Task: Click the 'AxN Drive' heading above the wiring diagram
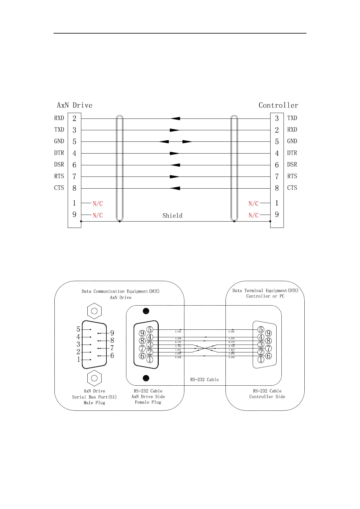[x=75, y=105]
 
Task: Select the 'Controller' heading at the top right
[x=278, y=105]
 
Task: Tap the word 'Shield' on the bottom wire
[x=172, y=216]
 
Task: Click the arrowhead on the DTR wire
[x=175, y=153]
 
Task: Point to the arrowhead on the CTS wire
[x=175, y=188]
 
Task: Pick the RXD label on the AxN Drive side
[x=59, y=118]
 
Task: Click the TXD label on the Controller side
[x=292, y=118]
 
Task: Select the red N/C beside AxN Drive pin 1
[x=98, y=204]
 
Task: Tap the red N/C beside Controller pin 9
[x=254, y=215]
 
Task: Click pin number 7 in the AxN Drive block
[x=74, y=177]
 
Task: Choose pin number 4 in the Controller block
[x=277, y=153]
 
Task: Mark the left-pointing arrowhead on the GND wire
[x=164, y=141]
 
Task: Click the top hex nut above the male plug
[x=94, y=311]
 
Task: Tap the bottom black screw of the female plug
[x=146, y=378]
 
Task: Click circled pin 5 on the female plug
[x=150, y=329]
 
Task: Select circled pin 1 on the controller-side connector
[x=261, y=360]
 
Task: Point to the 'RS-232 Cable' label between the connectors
[x=204, y=380]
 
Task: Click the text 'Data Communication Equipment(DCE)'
[x=120, y=291]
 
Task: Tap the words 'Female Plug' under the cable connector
[x=148, y=402]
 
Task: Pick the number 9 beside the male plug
[x=112, y=333]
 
